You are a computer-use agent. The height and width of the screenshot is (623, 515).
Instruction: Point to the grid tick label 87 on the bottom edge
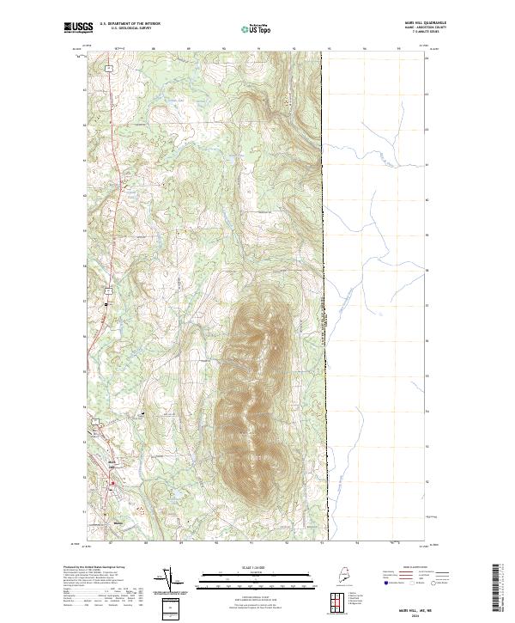coord(111,542)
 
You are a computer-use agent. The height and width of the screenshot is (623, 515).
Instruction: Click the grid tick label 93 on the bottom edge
coord(322,542)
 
